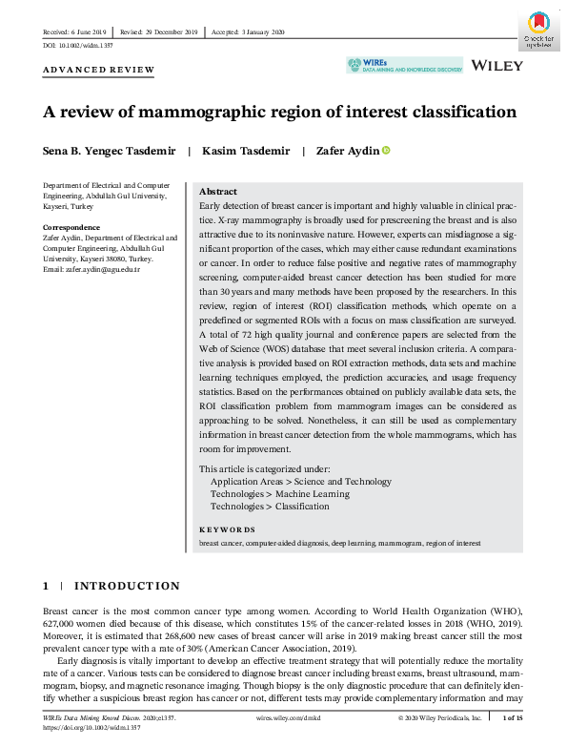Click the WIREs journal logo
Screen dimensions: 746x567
(404, 65)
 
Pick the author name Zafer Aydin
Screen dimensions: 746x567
(348, 151)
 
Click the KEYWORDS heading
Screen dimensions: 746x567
(227, 529)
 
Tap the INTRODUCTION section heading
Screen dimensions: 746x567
(126, 585)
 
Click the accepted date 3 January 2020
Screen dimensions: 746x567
(252, 32)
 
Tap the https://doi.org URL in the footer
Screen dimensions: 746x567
(93, 726)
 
